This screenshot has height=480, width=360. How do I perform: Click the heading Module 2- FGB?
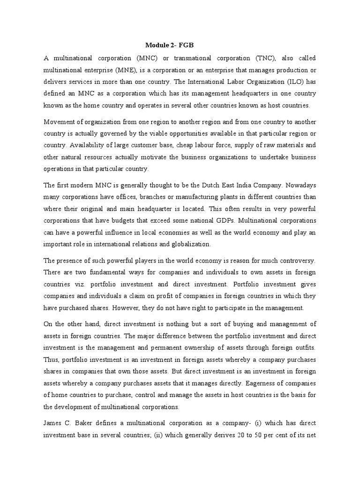[169, 45]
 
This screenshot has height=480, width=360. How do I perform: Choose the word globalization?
[192, 244]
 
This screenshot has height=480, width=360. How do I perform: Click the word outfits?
[305, 348]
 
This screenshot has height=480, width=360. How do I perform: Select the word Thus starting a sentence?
[51, 360]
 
